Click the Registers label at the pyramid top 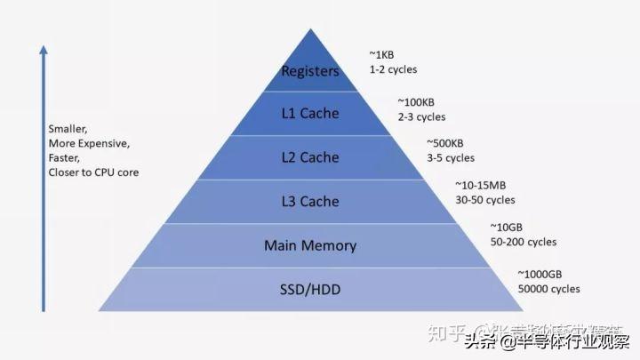[310, 71]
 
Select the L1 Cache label [310, 114]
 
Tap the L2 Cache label [310, 157]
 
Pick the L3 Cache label [310, 201]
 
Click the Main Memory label [310, 245]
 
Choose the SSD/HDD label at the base [310, 289]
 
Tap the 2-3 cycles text [421, 116]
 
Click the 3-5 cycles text [451, 158]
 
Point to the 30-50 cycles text [485, 200]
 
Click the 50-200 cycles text [523, 242]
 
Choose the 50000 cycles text [548, 289]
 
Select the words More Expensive [89, 143]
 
